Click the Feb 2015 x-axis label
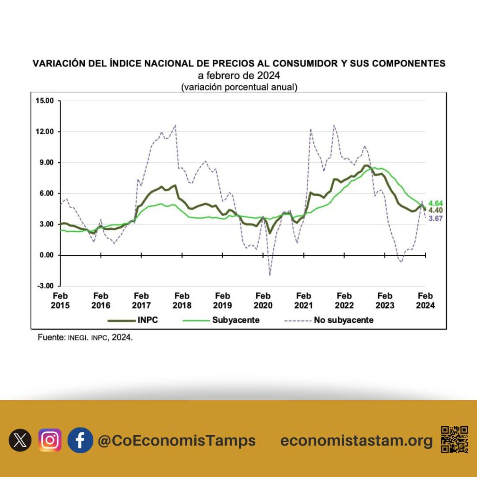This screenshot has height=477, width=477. [x=60, y=300]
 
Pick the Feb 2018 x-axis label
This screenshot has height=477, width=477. [x=182, y=300]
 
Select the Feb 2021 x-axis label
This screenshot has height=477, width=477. [x=304, y=300]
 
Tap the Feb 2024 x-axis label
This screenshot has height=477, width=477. [x=425, y=300]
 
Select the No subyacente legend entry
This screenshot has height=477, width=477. [x=328, y=320]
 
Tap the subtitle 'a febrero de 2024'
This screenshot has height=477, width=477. [x=238, y=75]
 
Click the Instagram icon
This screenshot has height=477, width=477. [x=50, y=440]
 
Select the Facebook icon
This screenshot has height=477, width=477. [x=80, y=440]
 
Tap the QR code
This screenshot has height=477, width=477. [x=454, y=440]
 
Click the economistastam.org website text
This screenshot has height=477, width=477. [x=356, y=441]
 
